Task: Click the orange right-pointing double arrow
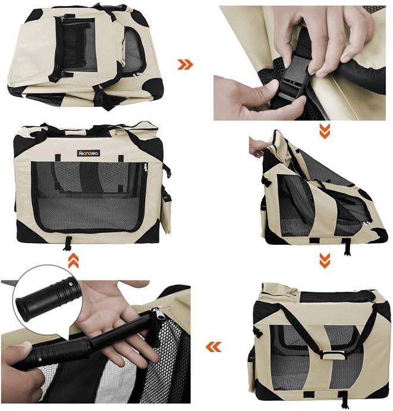coord(186,64)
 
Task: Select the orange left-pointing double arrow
coord(213,347)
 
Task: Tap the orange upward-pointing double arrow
coord(73,260)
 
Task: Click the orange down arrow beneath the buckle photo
coord(325,131)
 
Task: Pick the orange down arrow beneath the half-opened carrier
coord(325,260)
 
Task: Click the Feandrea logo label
coord(89,153)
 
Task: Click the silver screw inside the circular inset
coord(71,282)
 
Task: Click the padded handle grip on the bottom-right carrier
coord(333,354)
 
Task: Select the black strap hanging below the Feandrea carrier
coord(68,244)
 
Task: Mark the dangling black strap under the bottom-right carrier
coord(344,400)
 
